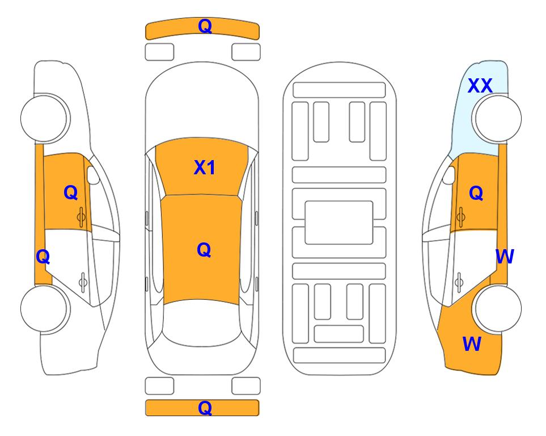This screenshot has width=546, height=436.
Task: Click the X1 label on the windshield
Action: pyautogui.click(x=205, y=167)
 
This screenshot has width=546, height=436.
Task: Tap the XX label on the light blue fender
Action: pyautogui.click(x=480, y=86)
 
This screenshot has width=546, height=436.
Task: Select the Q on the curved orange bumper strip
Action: pyautogui.click(x=205, y=26)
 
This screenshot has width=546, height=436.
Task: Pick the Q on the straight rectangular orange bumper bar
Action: pyautogui.click(x=205, y=408)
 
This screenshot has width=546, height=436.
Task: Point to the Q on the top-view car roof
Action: pyautogui.click(x=204, y=250)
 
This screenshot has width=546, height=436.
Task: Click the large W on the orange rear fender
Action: pyautogui.click(x=472, y=344)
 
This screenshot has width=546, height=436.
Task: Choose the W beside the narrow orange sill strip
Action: pyautogui.click(x=505, y=257)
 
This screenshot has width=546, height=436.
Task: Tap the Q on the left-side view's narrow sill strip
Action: pyautogui.click(x=43, y=257)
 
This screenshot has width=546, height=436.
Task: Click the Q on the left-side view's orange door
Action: pyautogui.click(x=71, y=192)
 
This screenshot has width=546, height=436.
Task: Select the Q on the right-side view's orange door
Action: pyautogui.click(x=476, y=193)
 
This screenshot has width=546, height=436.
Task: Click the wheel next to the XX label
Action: pyautogui.click(x=497, y=119)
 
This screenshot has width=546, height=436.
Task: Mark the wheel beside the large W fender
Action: pyautogui.click(x=497, y=308)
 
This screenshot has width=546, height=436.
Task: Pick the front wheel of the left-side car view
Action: pyautogui.click(x=45, y=119)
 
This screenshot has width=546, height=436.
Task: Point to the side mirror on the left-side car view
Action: pyautogui.click(x=93, y=175)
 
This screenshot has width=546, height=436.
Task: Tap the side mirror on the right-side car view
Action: pyautogui.click(x=449, y=175)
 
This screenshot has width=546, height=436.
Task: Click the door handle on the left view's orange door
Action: pyautogui.click(x=82, y=217)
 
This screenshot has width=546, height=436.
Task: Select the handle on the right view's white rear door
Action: pyautogui.click(x=459, y=283)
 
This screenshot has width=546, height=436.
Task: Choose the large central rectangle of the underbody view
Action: pyautogui.click(x=339, y=223)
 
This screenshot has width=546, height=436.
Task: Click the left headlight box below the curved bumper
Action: pyautogui.click(x=159, y=52)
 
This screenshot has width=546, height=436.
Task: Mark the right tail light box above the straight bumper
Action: pyautogui.click(x=246, y=386)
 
